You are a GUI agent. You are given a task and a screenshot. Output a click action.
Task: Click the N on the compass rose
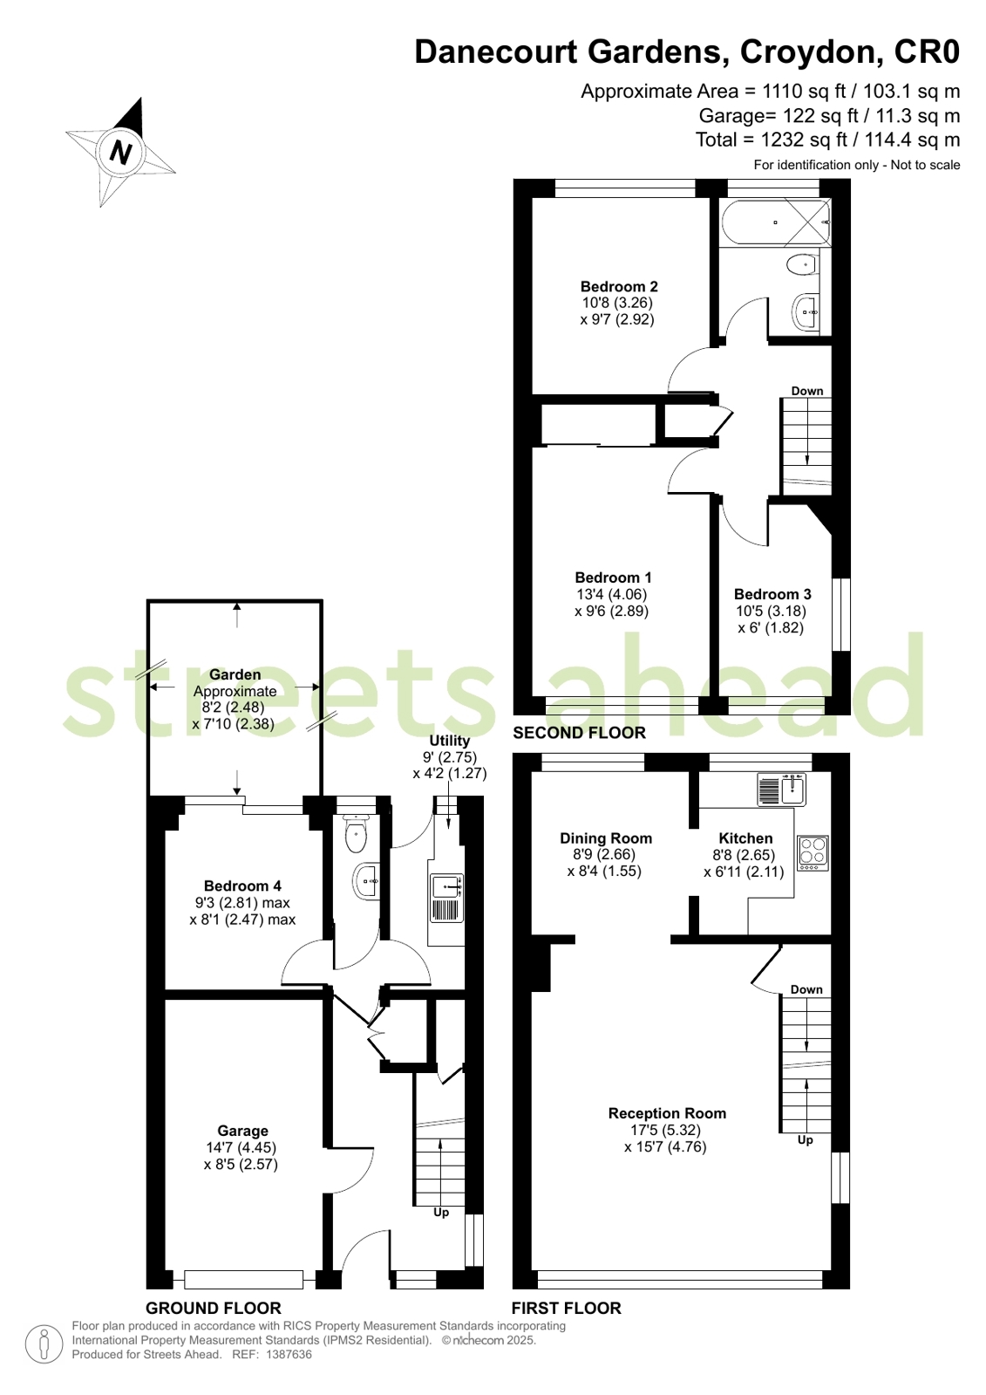click(121, 152)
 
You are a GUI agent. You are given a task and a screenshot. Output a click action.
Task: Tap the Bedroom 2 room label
click(619, 286)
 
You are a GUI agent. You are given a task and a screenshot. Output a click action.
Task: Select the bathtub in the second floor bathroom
click(776, 222)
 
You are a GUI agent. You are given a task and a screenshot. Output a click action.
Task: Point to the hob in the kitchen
click(813, 852)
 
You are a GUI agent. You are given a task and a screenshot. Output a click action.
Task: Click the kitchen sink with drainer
click(781, 790)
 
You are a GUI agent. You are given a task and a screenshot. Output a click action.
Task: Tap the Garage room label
click(242, 1131)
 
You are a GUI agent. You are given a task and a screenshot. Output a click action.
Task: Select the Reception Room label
click(667, 1113)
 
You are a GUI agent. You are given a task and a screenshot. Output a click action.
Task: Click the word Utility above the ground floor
click(450, 741)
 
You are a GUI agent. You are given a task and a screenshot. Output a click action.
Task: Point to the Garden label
click(235, 674)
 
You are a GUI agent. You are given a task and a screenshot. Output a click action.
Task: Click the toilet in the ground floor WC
click(356, 833)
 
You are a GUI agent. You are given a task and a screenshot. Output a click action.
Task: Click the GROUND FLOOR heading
click(214, 1308)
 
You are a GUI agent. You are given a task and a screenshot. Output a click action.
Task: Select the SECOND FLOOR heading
click(580, 733)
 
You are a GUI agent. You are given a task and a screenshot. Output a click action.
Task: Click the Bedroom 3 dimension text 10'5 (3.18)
click(772, 611)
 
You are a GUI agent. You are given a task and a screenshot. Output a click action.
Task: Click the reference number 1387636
click(289, 1355)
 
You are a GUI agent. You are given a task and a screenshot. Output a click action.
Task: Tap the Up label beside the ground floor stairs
click(441, 1213)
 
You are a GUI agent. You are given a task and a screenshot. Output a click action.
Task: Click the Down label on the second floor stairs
click(807, 391)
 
